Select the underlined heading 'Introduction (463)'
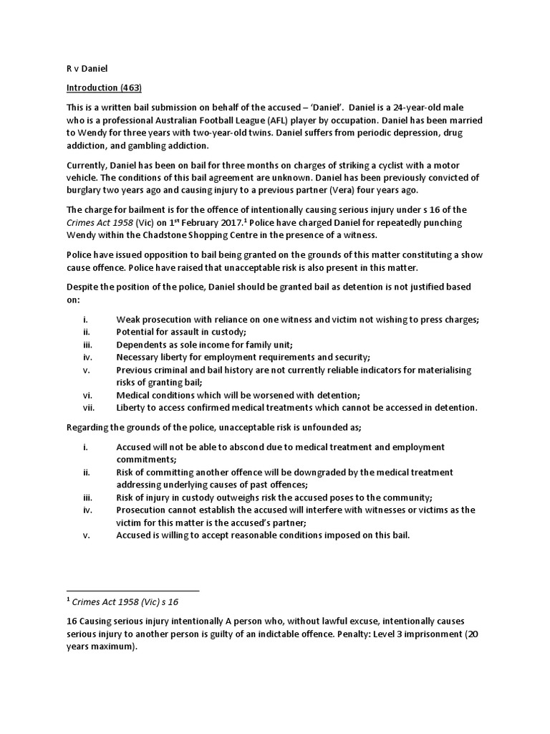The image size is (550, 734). point(104,88)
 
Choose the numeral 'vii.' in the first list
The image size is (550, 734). point(89,407)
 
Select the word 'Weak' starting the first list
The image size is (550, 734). point(128,319)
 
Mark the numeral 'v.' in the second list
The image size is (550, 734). point(87,535)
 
